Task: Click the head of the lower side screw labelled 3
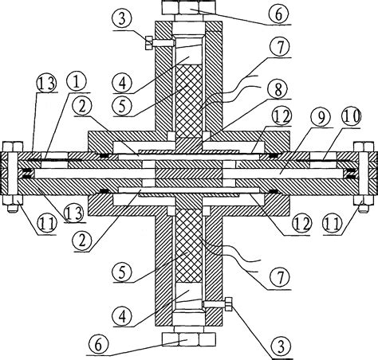pyautogui.click(x=230, y=304)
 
